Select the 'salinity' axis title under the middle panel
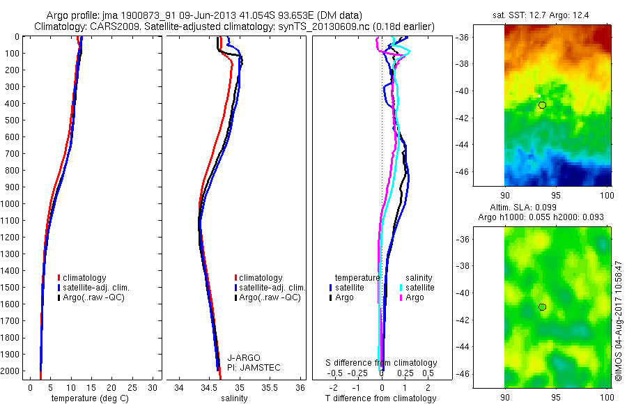point(233,398)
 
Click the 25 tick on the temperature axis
point(132,387)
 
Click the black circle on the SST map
point(542,104)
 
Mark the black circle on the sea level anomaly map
point(542,306)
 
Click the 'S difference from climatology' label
point(382,363)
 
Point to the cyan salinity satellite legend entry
point(418,288)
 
